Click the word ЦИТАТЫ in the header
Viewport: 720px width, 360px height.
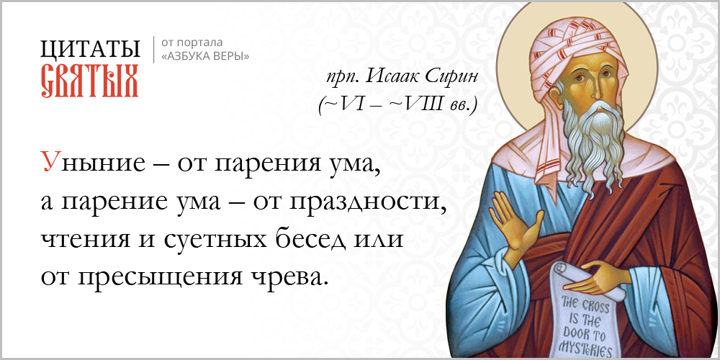click(90, 49)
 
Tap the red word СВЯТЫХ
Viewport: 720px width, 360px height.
click(90, 81)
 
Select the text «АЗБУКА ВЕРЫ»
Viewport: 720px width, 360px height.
click(205, 56)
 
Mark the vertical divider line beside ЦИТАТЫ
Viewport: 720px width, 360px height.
click(153, 50)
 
